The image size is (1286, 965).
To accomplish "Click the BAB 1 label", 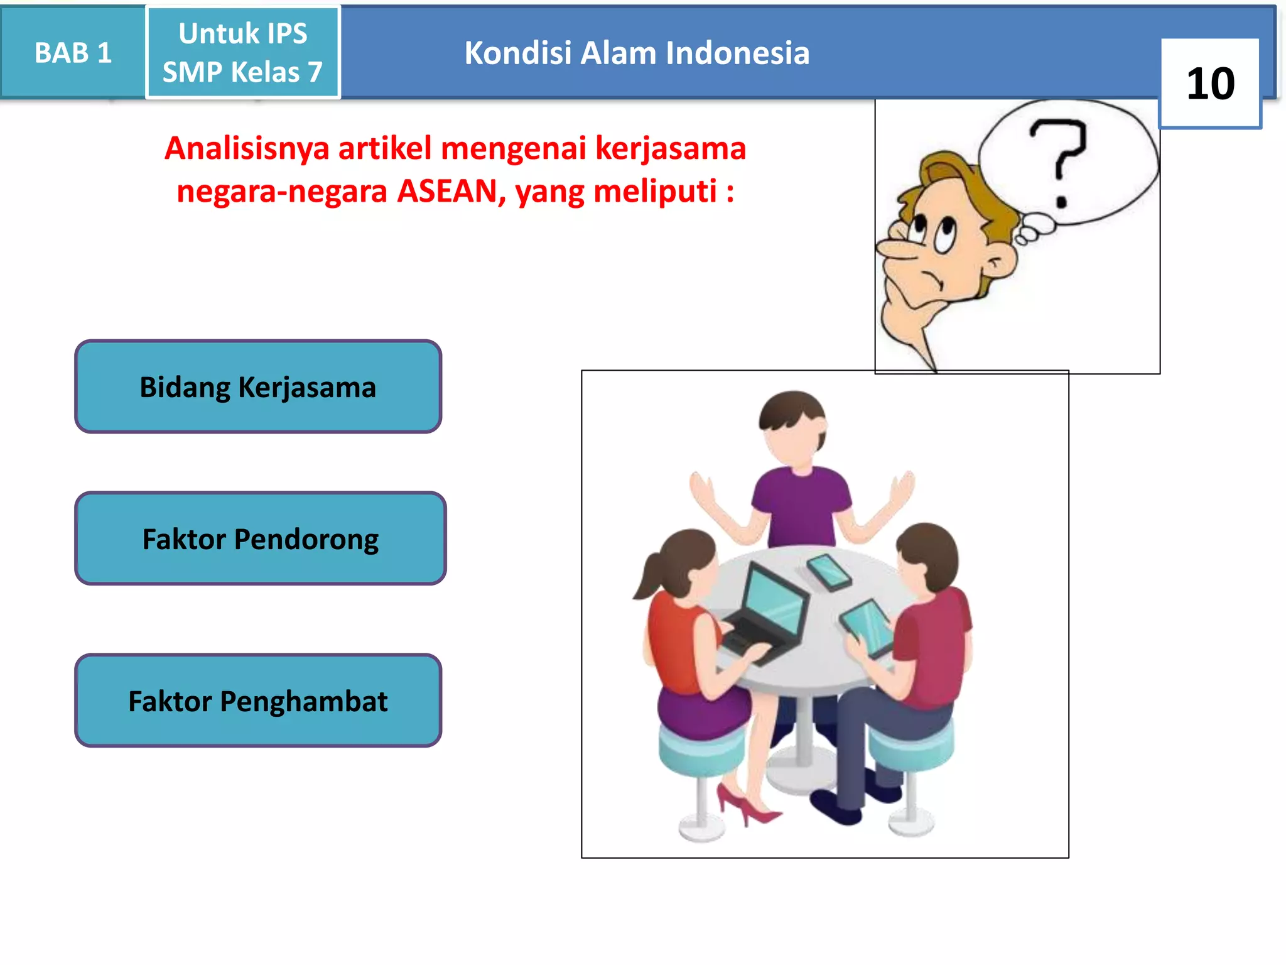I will coord(73,53).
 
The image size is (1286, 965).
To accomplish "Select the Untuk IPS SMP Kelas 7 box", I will coord(243,53).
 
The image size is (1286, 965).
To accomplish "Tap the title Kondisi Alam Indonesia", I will coord(636,53).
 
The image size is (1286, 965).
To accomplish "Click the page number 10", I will coord(1209,84).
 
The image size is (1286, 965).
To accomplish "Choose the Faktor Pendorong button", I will coord(260,539).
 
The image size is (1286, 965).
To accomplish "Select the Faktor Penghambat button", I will coord(258,701).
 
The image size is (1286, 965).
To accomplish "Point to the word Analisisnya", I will coord(247,149).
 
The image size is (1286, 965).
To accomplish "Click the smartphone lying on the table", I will coord(829,572).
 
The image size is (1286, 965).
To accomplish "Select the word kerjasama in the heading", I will coord(670,149).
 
